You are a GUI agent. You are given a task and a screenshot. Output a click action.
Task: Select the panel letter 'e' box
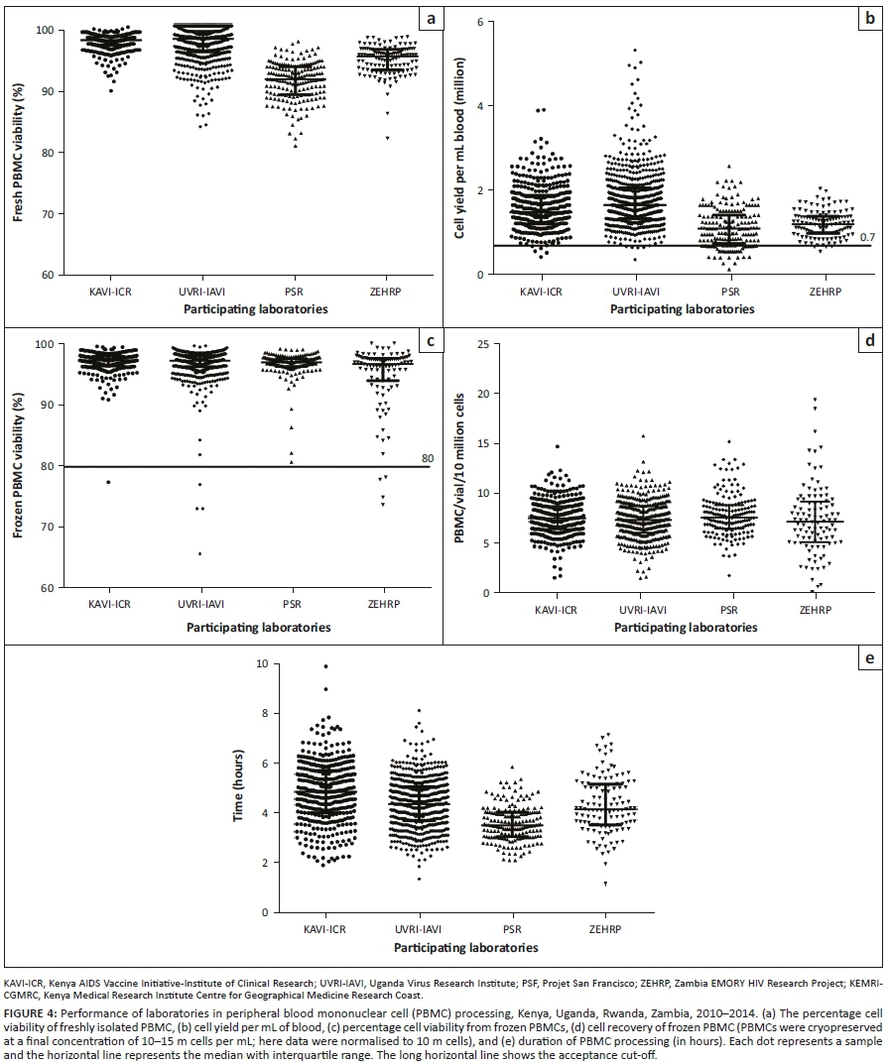(x=869, y=657)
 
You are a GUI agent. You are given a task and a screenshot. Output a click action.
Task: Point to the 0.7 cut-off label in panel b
(x=866, y=238)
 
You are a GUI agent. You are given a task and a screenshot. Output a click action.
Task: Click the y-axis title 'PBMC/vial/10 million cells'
(x=458, y=467)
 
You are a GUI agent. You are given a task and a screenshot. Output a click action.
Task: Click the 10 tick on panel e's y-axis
(x=262, y=663)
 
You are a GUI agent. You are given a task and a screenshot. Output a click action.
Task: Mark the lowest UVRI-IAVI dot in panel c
(x=200, y=554)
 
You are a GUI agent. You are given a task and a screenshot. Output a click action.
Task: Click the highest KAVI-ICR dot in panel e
(x=325, y=666)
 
